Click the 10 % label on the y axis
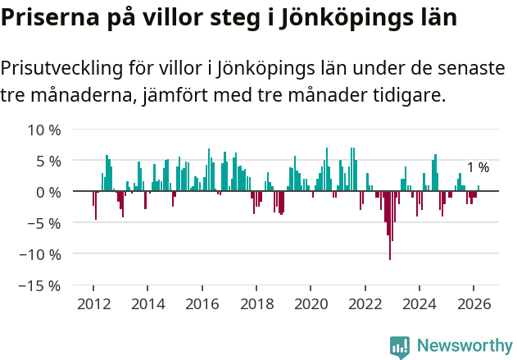[44, 130]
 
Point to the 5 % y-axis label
[48, 161]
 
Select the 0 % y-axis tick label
[48, 192]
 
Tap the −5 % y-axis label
[44, 223]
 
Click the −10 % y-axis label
[40, 254]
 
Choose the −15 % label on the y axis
[40, 285]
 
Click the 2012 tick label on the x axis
[93, 303]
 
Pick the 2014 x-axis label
[147, 303]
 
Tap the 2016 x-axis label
[202, 303]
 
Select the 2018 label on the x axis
[256, 303]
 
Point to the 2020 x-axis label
[311, 303]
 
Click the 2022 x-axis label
[365, 303]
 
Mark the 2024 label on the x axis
[419, 303]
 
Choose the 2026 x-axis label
[474, 303]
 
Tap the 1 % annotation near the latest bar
[478, 167]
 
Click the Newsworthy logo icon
[400, 347]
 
